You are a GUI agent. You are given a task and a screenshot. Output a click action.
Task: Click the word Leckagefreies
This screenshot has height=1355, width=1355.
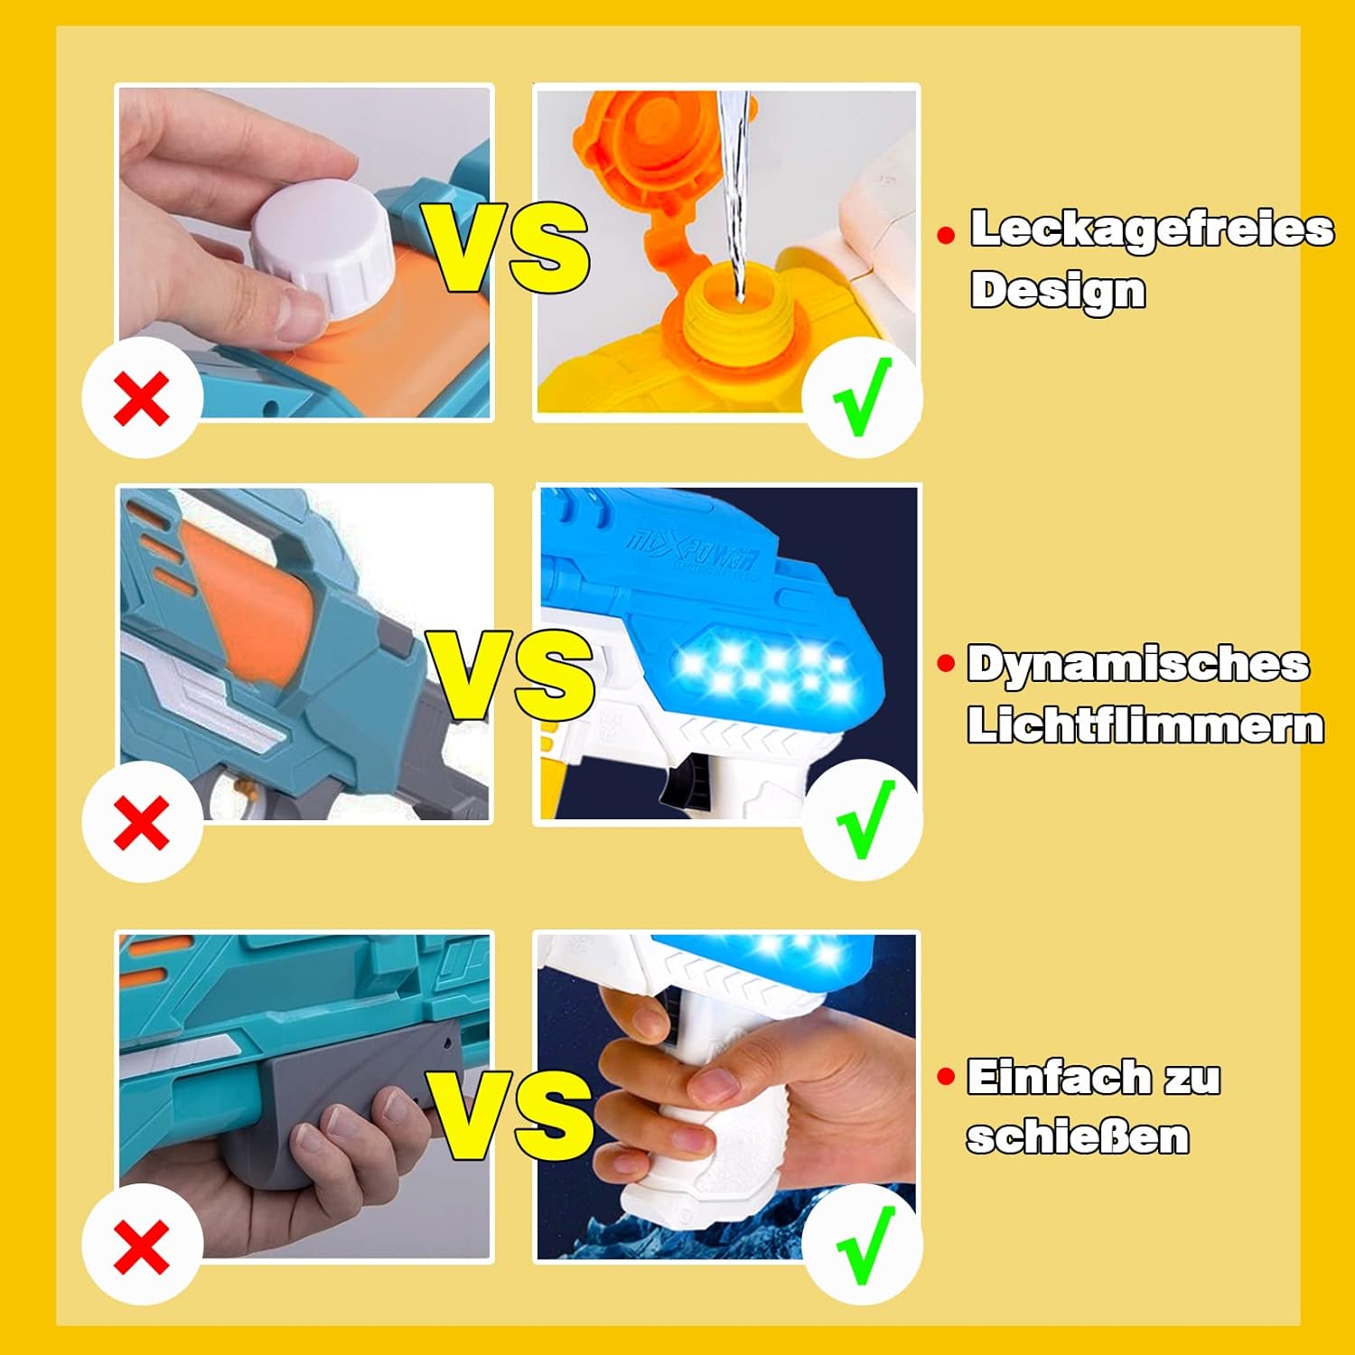tap(1152, 229)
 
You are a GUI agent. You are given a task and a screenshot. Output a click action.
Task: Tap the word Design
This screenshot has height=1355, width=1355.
tap(1058, 291)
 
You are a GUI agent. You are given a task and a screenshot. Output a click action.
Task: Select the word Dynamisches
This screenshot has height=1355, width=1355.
tap(1138, 665)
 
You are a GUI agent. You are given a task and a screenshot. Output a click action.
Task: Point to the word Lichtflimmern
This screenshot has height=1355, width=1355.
tap(1145, 725)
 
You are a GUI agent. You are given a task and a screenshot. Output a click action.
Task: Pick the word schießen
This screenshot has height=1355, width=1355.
tap(1078, 1136)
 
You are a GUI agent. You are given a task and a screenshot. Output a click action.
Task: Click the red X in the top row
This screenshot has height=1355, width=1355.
tap(142, 398)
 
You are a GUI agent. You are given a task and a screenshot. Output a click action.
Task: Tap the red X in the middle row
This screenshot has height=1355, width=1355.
tap(142, 822)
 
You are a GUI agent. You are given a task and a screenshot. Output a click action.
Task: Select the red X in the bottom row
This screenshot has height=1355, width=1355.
tap(142, 1246)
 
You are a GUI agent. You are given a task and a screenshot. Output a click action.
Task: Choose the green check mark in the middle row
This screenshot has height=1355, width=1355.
tap(864, 820)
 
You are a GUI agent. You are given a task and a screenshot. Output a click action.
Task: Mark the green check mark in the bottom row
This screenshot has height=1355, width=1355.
tap(865, 1245)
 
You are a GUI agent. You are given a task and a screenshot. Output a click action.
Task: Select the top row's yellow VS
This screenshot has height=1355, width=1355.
tap(509, 248)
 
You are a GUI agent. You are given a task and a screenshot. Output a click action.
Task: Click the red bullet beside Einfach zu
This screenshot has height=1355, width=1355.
tap(946, 1077)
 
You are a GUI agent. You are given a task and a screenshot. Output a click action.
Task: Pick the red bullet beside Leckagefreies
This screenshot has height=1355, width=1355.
tap(946, 236)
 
